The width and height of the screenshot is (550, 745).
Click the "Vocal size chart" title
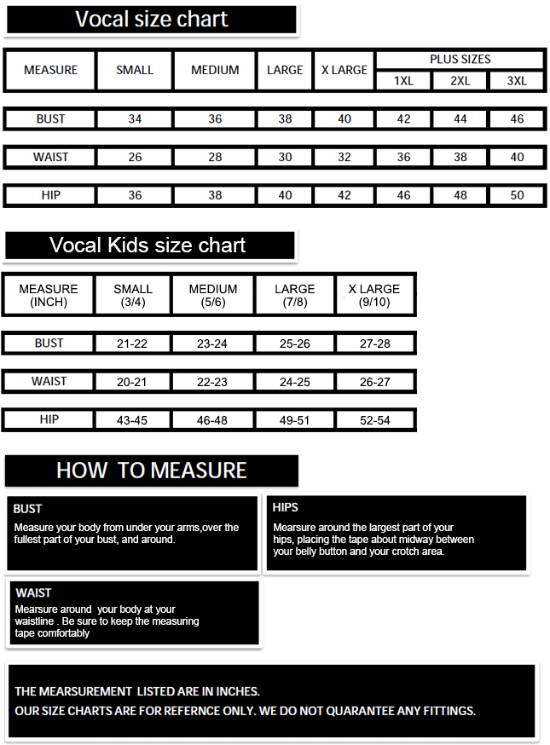151,20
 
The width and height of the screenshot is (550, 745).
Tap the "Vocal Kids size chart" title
148,245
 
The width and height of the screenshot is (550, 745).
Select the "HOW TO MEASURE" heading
151,471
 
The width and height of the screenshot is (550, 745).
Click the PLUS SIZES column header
460,60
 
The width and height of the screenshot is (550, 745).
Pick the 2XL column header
460,81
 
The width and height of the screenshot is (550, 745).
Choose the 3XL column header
517,81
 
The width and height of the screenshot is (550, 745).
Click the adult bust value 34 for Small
135,119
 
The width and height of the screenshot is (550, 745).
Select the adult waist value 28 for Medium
215,157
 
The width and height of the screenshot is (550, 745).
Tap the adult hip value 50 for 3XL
517,195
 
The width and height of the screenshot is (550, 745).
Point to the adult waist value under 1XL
403,157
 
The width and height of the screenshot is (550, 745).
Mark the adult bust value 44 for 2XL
460,119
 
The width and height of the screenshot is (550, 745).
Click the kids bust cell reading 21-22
132,344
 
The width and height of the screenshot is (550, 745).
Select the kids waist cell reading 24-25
295,382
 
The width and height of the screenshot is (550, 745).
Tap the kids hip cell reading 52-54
375,420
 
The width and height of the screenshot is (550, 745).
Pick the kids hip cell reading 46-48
212,420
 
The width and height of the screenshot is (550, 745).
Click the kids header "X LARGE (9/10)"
374,295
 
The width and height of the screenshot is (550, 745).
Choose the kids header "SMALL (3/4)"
133,295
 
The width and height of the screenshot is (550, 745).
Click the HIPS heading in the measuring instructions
285,508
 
